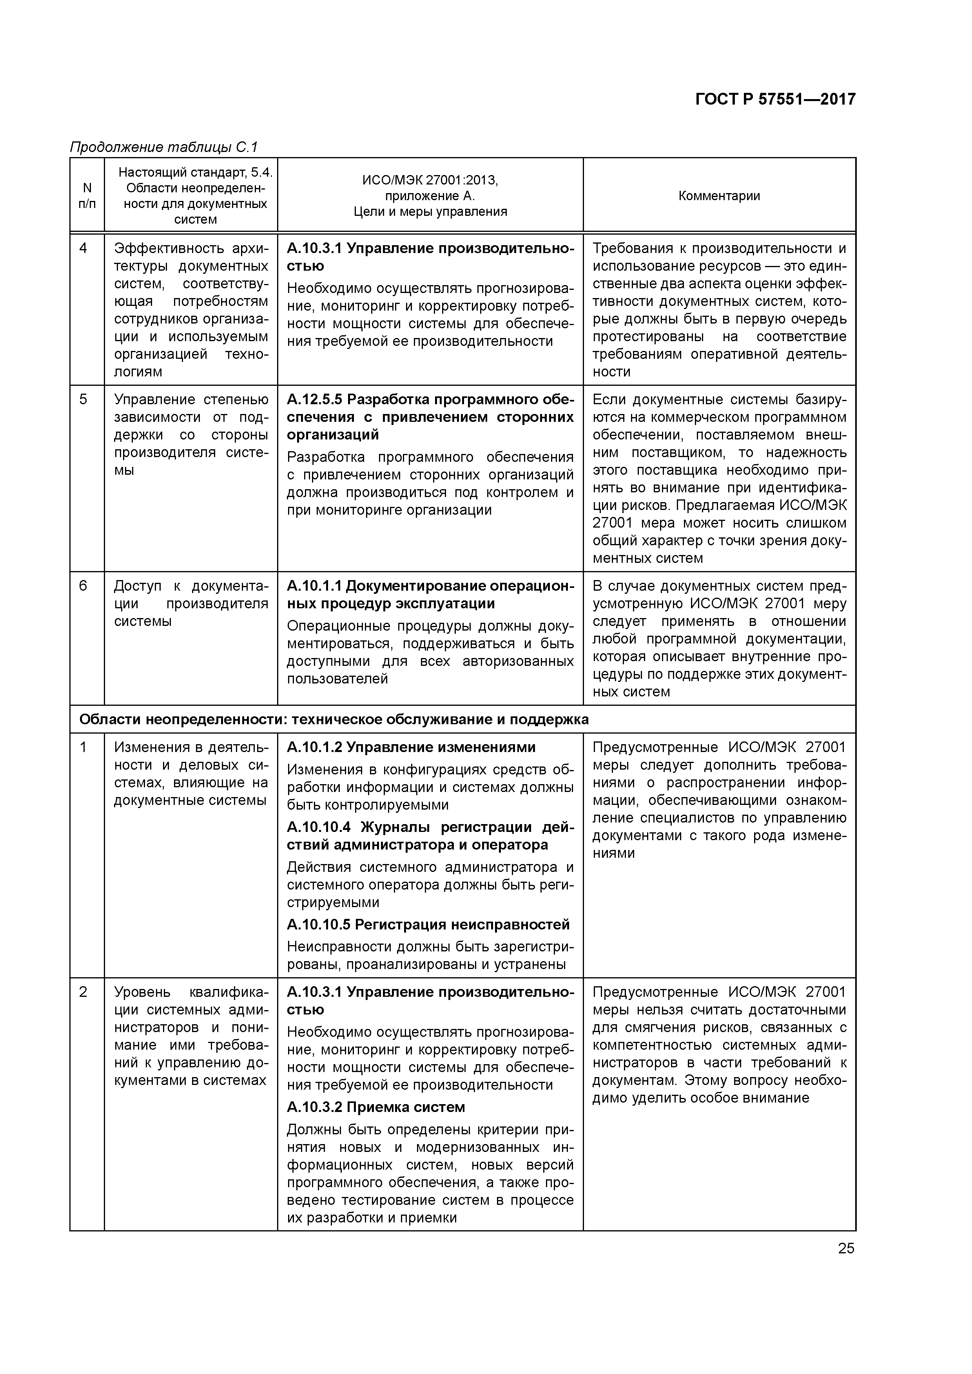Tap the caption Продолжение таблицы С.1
tap(163, 146)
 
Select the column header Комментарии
tap(719, 196)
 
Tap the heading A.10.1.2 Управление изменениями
tap(411, 747)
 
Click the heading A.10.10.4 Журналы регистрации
tap(430, 836)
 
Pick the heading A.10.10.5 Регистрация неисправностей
tap(428, 925)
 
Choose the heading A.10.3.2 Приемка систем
tap(375, 1107)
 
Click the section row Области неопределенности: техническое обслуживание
tap(334, 720)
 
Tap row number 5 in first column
tap(83, 399)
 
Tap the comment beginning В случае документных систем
tap(719, 638)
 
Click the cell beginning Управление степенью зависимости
tap(190, 434)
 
